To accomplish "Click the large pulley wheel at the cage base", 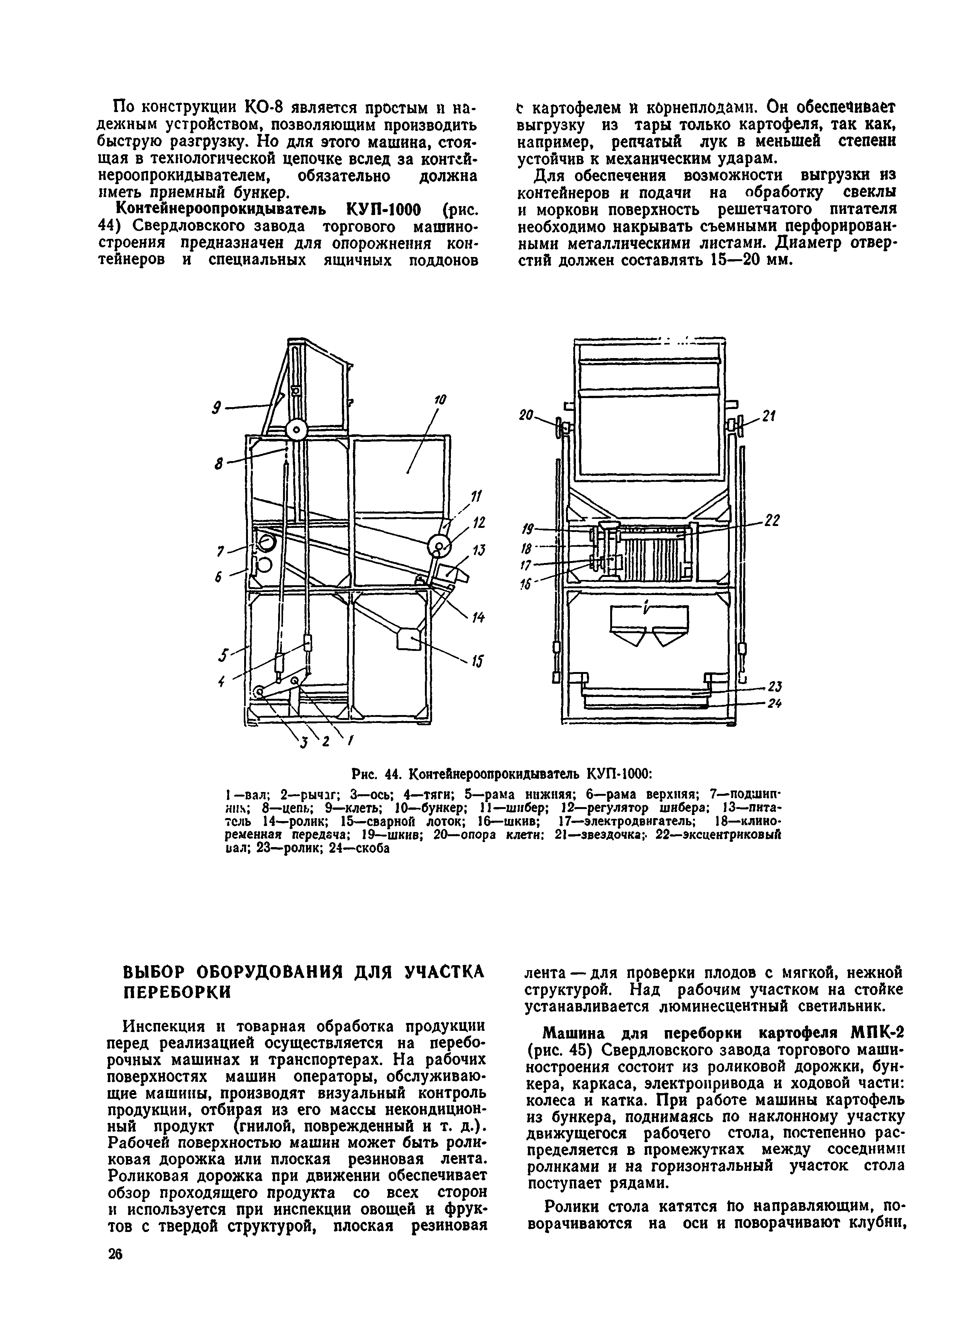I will (x=296, y=431).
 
